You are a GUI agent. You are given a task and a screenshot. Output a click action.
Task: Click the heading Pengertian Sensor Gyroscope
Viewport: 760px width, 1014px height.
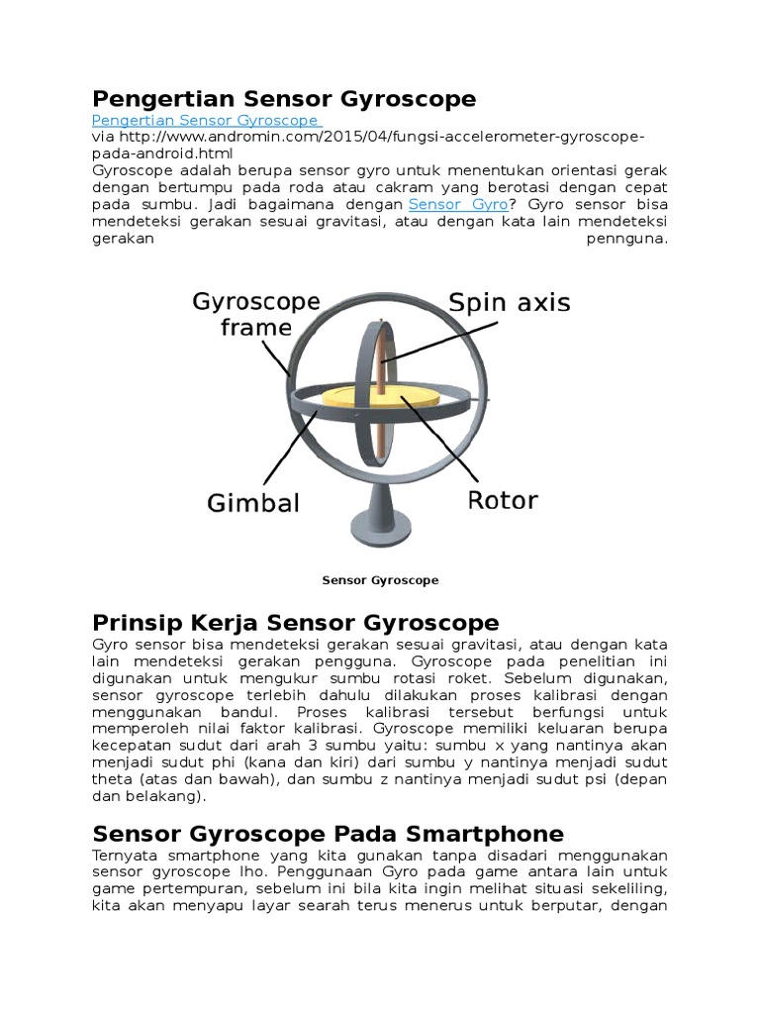(x=283, y=99)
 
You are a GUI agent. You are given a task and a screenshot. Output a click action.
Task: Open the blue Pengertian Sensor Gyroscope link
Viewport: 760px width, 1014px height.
(x=205, y=121)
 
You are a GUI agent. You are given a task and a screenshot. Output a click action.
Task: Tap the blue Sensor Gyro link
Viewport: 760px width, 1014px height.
(x=458, y=204)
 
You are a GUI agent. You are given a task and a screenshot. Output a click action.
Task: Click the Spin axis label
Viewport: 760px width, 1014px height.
(x=509, y=303)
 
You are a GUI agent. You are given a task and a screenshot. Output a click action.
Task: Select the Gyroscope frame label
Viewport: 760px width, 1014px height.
(x=241, y=314)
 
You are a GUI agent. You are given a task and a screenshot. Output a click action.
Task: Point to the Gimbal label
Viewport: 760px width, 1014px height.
(x=253, y=503)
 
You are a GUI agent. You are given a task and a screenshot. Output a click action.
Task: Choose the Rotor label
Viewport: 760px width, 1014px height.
(x=502, y=500)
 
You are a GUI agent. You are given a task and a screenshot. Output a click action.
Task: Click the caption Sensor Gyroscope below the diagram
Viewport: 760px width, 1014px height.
(x=380, y=580)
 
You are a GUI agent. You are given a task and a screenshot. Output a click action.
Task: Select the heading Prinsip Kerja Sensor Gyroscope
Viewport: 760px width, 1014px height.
(x=295, y=623)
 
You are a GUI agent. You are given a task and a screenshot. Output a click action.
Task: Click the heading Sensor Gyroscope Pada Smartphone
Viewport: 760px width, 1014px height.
(x=328, y=833)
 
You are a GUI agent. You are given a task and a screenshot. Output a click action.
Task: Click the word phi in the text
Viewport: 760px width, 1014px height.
(x=249, y=762)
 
